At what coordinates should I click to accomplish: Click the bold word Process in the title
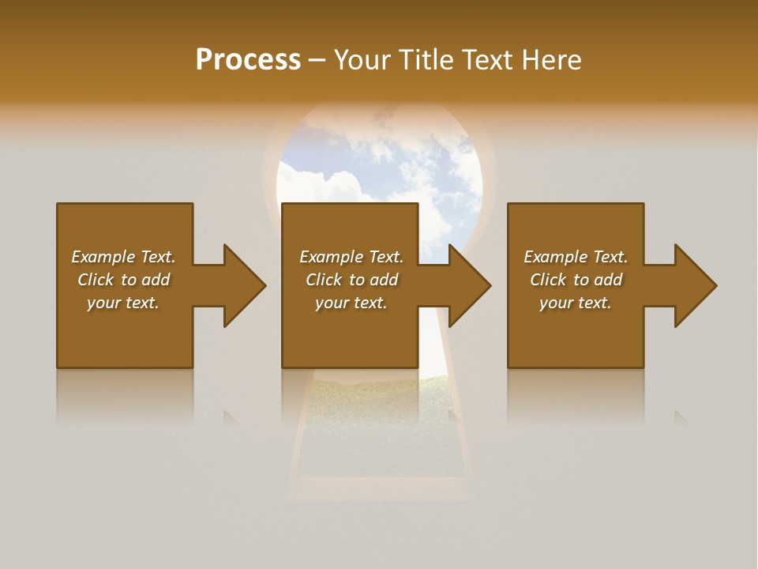coord(248,60)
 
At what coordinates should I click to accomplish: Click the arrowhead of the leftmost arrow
coord(245,285)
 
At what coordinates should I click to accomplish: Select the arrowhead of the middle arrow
coord(470,285)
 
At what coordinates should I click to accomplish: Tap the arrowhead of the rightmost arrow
coord(696,285)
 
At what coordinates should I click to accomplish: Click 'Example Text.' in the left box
coord(123,257)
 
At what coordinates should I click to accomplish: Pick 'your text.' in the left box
coord(123,303)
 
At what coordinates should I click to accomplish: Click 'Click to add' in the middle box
coord(351,280)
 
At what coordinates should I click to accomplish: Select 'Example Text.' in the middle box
coord(351,257)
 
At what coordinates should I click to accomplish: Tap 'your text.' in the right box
coord(576,303)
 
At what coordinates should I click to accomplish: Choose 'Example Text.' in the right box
coord(576,257)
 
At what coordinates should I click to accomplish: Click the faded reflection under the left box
coord(125,395)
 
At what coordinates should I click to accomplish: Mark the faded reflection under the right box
coord(576,395)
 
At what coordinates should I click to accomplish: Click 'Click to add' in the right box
coord(576,280)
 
